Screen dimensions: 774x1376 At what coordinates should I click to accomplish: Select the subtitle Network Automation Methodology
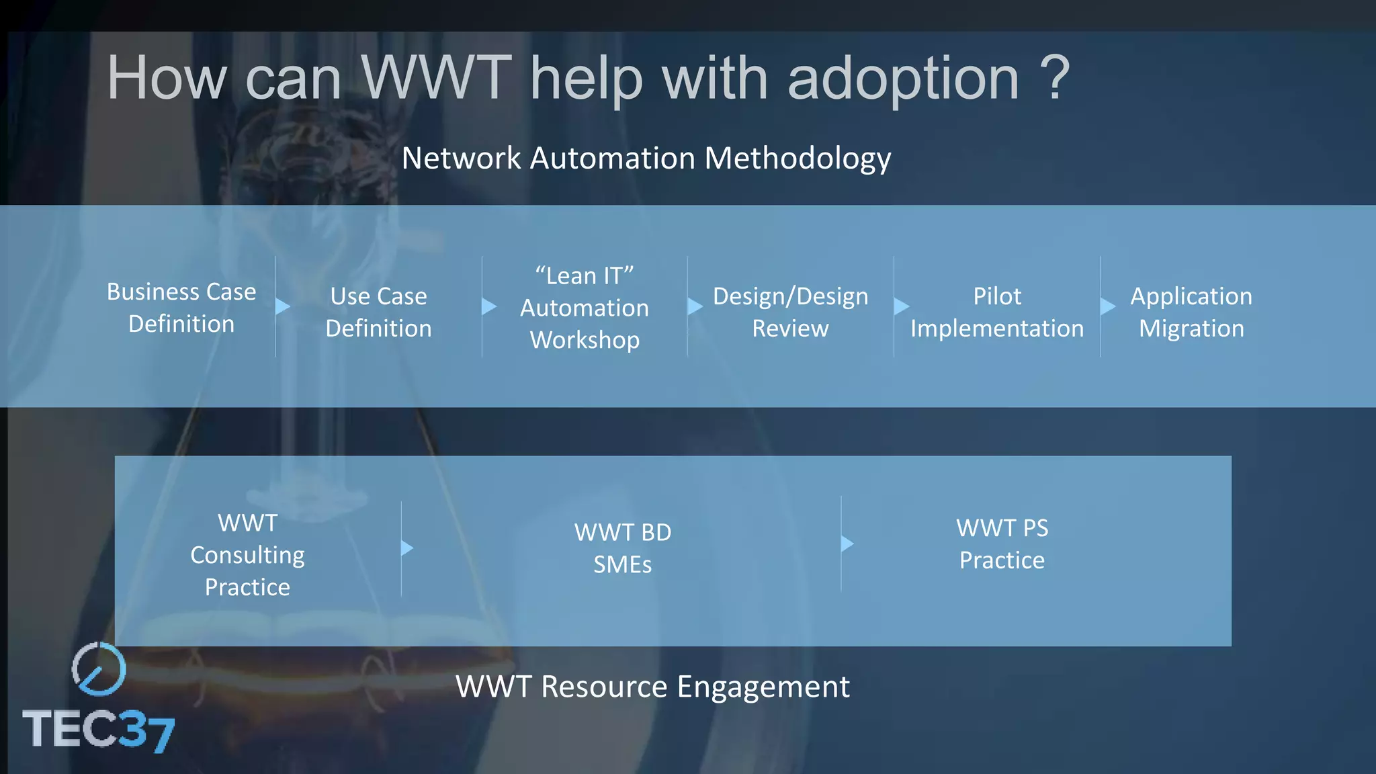[646, 159]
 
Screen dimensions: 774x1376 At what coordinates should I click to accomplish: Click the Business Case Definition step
[181, 308]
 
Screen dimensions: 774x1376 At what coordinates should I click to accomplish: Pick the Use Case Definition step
[378, 312]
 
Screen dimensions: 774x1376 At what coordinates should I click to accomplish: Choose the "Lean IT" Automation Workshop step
[585, 308]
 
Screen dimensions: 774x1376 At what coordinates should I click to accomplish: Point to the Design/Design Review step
[790, 312]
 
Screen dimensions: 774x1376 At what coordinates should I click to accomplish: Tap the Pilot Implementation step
[997, 312]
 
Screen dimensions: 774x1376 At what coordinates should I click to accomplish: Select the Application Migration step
[1191, 312]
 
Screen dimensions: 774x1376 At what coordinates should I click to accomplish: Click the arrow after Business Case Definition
[283, 306]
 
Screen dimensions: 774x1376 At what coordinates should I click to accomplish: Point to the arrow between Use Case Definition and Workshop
[489, 306]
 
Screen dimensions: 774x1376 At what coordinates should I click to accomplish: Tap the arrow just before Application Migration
[1107, 306]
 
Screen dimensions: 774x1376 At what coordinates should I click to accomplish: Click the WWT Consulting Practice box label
[247, 555]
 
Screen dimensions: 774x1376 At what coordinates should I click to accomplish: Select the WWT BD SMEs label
[623, 548]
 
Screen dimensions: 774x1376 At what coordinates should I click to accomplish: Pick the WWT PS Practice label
[1002, 544]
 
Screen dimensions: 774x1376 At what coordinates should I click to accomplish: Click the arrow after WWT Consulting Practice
[407, 548]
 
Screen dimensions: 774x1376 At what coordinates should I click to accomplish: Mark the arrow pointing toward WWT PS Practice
[847, 543]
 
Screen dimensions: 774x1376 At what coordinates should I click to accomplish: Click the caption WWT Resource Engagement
[652, 687]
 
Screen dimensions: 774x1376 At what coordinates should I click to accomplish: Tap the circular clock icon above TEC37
[99, 669]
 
